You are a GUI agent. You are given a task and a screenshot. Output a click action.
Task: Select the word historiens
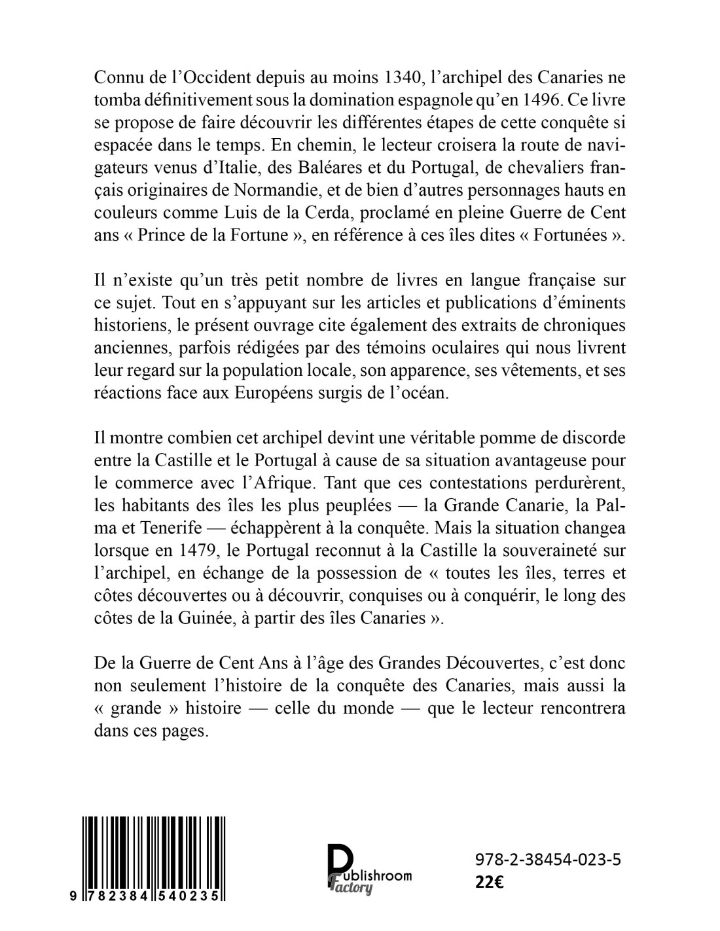point(127,325)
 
